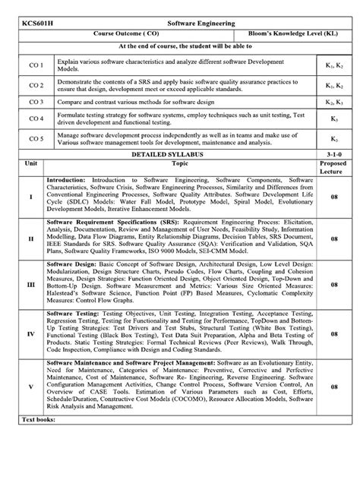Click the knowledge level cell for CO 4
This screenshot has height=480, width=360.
(334, 119)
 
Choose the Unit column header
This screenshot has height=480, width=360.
(31, 163)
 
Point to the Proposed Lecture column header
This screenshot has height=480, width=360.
(334, 167)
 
